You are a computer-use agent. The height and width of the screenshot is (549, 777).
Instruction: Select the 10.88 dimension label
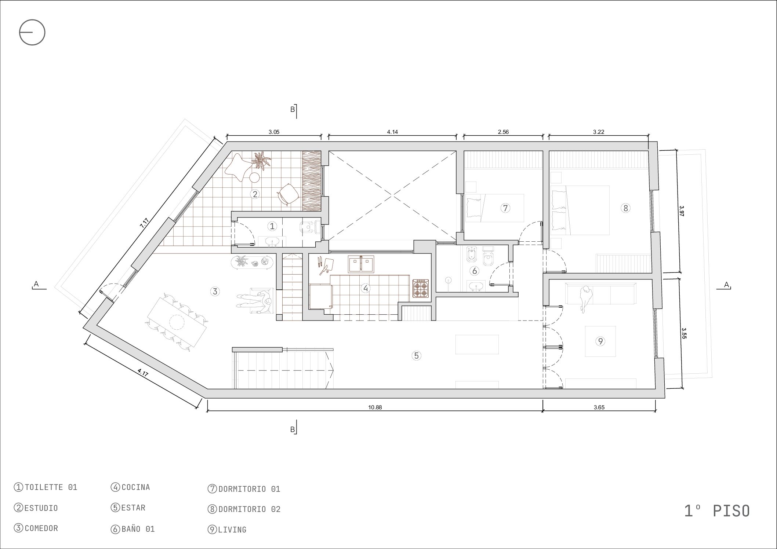pos(375,407)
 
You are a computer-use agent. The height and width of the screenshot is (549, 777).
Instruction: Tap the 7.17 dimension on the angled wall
pos(144,223)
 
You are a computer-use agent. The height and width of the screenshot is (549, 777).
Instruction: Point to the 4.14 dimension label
pos(392,132)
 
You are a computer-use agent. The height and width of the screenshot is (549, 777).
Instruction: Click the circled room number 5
pos(416,355)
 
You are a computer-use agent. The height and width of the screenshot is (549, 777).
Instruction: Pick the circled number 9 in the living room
pos(600,341)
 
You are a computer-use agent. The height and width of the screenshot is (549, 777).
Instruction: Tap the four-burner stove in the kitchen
pos(421,288)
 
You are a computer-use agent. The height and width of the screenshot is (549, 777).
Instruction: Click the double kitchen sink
pos(361,264)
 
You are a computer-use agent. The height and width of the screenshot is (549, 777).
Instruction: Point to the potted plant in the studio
pos(261,160)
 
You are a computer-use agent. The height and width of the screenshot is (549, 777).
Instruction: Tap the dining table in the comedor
pos(177,323)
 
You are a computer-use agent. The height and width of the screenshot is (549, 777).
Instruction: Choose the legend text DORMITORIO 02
pos(249,509)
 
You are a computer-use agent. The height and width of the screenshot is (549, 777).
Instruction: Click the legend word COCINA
pos(136,487)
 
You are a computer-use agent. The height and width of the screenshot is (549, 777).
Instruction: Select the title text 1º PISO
pos(717,511)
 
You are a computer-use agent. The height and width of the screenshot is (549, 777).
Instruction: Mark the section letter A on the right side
pos(726,285)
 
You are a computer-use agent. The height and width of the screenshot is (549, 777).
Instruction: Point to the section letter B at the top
pos(293,109)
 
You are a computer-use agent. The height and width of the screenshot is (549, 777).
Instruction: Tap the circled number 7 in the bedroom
pos(505,208)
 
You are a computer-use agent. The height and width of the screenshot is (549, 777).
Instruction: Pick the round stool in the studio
pos(255,178)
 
